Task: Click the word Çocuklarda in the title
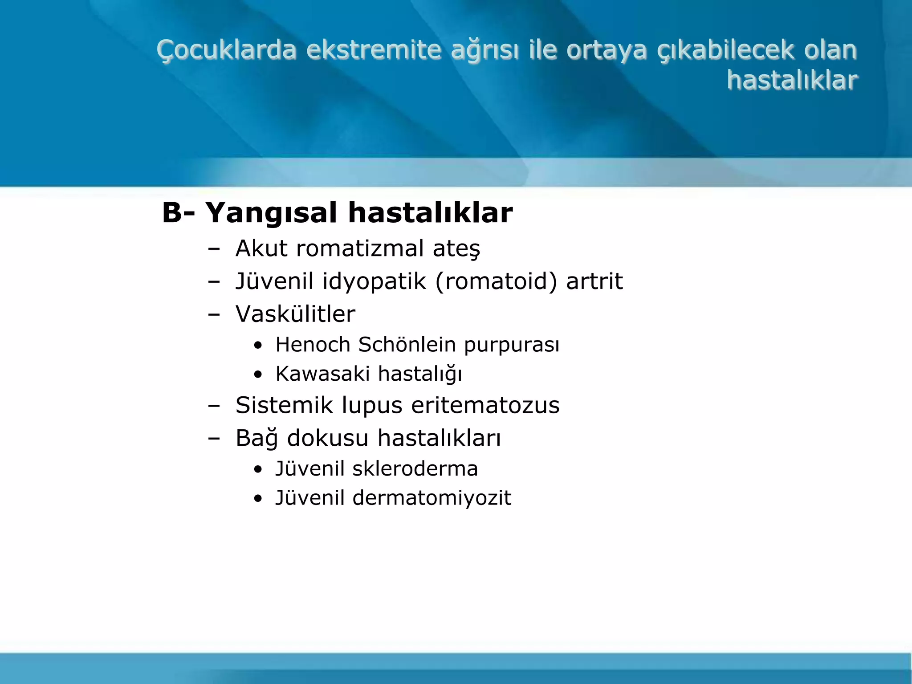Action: click(x=227, y=50)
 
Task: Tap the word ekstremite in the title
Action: click(x=374, y=50)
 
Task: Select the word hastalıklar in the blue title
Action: click(x=792, y=81)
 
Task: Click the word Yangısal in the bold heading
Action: click(x=271, y=213)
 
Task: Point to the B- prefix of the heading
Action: click(x=178, y=213)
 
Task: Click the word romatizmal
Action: click(x=360, y=248)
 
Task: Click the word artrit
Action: click(x=594, y=281)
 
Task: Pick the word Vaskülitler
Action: click(x=295, y=314)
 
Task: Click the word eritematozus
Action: click(x=485, y=406)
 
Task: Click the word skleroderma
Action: click(x=415, y=469)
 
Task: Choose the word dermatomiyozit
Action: click(x=432, y=498)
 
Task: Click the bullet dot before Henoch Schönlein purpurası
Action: click(x=258, y=346)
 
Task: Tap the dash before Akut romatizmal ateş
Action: click(x=214, y=249)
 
